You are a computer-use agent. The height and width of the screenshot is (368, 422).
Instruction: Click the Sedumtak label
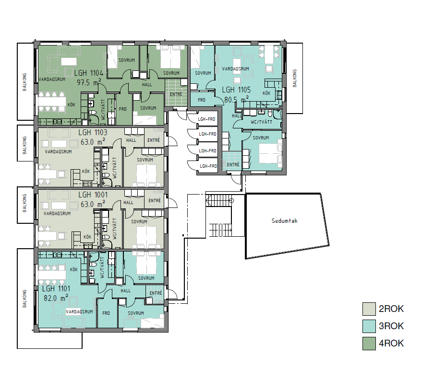(x=285, y=221)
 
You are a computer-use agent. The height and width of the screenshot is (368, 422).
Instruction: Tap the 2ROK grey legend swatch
(x=369, y=309)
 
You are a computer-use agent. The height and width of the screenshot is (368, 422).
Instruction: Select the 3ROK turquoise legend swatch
(x=369, y=326)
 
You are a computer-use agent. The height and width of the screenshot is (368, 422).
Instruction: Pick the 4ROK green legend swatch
(x=369, y=343)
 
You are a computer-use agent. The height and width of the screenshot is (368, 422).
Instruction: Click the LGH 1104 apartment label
(x=88, y=73)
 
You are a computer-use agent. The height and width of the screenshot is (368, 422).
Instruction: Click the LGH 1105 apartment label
(x=236, y=90)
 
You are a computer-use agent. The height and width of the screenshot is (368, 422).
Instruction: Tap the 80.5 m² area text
(x=236, y=99)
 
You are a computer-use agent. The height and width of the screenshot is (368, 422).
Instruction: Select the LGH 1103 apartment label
(x=93, y=132)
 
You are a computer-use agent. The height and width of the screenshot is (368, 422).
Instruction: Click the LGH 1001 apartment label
(x=93, y=195)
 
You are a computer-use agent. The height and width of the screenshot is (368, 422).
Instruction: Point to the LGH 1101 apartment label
(x=56, y=289)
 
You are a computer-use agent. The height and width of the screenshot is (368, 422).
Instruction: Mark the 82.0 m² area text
(x=56, y=298)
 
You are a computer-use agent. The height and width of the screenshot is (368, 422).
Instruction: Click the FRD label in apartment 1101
(x=106, y=313)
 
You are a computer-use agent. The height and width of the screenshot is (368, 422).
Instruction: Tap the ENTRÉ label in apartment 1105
(x=233, y=164)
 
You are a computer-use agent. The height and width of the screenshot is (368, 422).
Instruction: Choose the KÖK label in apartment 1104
(x=72, y=105)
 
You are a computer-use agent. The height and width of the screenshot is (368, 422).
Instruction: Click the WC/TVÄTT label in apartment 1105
(x=261, y=122)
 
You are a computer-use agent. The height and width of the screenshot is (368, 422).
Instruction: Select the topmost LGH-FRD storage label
(x=206, y=119)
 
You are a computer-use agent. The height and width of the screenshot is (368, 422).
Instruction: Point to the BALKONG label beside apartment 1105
(x=295, y=78)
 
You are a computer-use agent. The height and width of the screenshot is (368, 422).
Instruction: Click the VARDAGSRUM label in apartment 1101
(x=79, y=312)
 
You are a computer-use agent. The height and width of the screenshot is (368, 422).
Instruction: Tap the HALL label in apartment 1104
(x=147, y=85)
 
